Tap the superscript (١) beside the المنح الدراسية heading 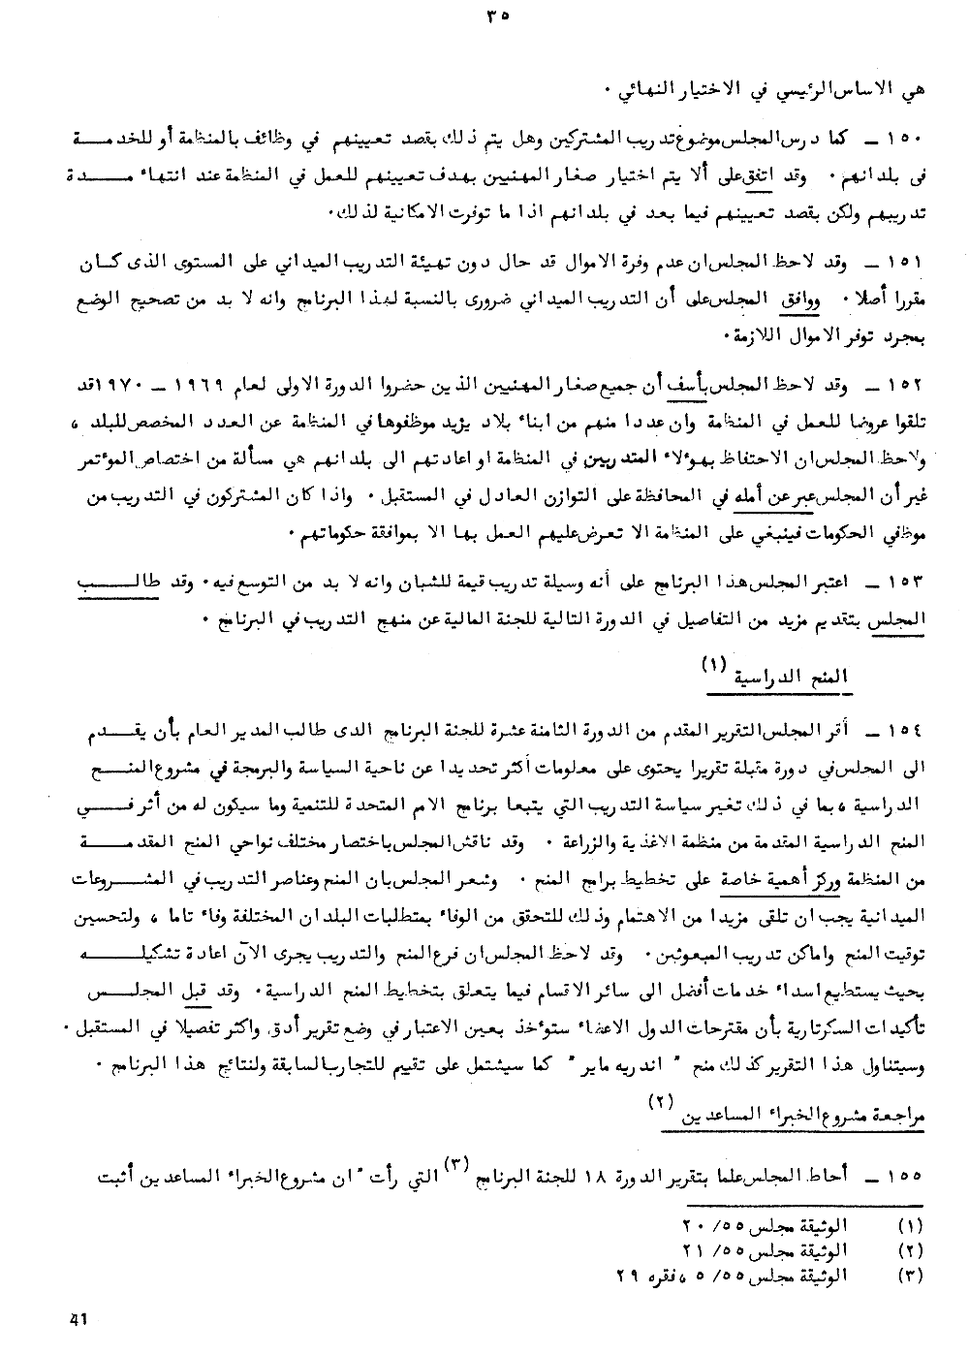[x=713, y=665]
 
